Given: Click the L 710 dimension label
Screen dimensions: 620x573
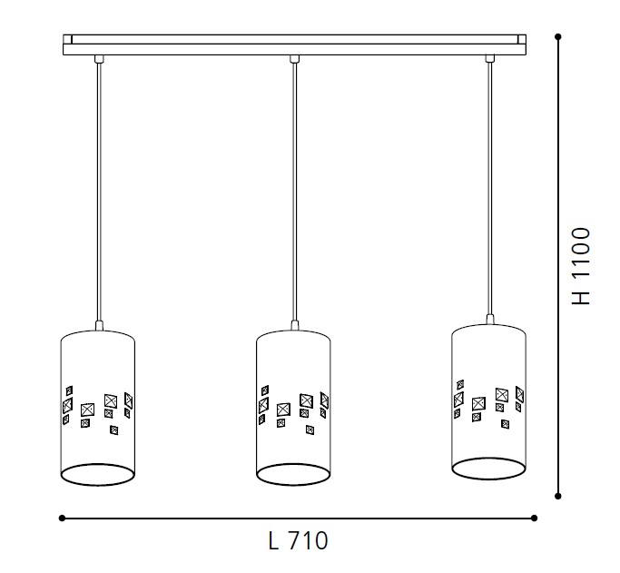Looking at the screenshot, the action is pyautogui.click(x=298, y=540).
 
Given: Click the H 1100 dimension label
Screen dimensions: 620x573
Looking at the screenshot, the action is pyautogui.click(x=581, y=266).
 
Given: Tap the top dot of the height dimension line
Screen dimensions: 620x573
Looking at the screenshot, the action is pyautogui.click(x=558, y=36).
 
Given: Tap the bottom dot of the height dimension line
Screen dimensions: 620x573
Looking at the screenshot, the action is pyautogui.click(x=558, y=496).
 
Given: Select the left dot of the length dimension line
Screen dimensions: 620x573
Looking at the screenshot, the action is pyautogui.click(x=62, y=518).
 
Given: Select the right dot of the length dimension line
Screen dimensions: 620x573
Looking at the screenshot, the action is pyautogui.click(x=534, y=518).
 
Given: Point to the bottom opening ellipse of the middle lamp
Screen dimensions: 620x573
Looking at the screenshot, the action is pyautogui.click(x=293, y=464).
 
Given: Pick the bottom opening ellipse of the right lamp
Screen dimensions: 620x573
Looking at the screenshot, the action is pyautogui.click(x=488, y=459).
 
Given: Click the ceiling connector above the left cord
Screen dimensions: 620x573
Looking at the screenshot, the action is pyautogui.click(x=99, y=59).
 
